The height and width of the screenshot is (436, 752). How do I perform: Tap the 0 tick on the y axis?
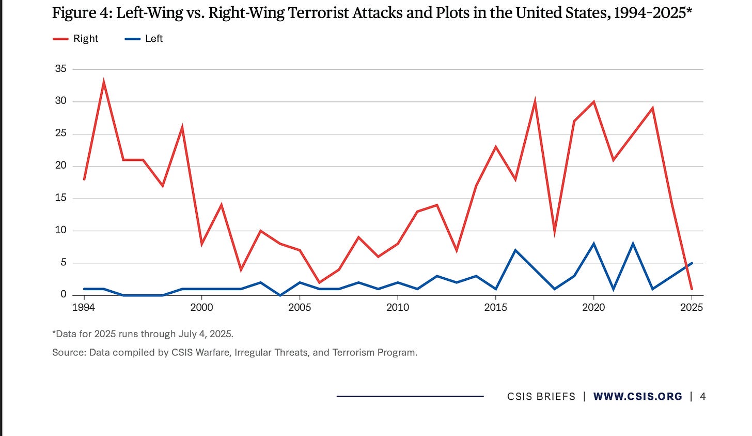(64, 294)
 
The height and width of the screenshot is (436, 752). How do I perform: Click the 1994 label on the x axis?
(84, 307)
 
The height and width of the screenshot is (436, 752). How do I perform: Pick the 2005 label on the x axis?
(300, 307)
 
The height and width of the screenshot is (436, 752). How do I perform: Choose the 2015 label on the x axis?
(496, 307)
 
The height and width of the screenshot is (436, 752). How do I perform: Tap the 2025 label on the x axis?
(692, 307)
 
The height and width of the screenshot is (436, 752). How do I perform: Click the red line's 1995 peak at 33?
(104, 82)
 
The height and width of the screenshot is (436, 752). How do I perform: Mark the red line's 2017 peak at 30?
(535, 101)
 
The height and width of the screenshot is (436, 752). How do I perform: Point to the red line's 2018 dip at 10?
(555, 231)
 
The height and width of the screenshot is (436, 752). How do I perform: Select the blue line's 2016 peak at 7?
(515, 250)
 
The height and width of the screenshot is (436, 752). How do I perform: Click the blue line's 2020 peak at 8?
(594, 244)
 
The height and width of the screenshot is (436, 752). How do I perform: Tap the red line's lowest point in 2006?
(319, 282)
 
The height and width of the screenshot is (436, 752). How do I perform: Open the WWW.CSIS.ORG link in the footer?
(638, 397)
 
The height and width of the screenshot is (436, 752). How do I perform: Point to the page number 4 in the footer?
(702, 397)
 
